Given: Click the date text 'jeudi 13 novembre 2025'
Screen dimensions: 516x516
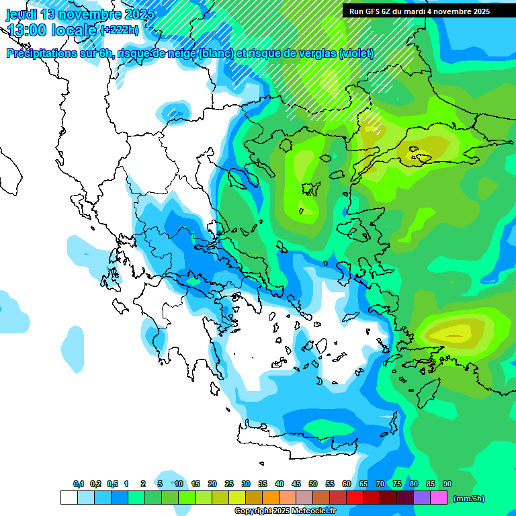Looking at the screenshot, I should coord(80,14).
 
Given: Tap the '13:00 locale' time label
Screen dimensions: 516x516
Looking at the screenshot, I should coord(52,30).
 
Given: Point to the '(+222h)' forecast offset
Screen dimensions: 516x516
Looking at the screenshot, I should coord(119,30).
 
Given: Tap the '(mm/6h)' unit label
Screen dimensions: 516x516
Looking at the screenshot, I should coord(468,499).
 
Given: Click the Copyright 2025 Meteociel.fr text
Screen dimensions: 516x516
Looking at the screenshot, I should coord(285,511).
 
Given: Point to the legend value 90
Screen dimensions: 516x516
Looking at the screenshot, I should coord(447,484).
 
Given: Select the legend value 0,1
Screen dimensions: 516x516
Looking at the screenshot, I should coord(78,484).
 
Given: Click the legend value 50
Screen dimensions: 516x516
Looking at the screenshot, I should coord(313,484).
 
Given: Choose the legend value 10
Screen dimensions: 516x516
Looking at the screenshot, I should coord(179,484).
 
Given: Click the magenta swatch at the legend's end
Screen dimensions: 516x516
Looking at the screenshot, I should coord(439,498).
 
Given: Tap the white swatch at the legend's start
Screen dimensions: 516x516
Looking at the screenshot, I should coord(69,498).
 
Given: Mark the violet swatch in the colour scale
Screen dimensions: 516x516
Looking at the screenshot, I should coord(422,498).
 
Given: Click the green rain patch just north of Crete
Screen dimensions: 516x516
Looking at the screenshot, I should coord(329,427).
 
